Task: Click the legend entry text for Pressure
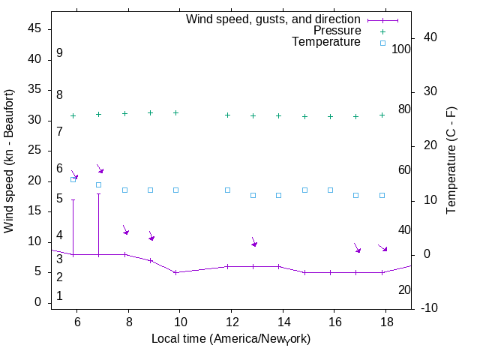[337, 31]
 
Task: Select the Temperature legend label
[326, 42]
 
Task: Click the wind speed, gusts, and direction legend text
[274, 19]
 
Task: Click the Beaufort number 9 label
[59, 53]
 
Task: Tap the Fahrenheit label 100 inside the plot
[401, 49]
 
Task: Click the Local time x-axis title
[231, 339]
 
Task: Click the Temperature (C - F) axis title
[452, 159]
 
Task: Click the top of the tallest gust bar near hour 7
[98, 193]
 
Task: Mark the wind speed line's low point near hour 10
[175, 272]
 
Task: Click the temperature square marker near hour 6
[73, 179]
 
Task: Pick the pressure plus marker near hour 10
[175, 112]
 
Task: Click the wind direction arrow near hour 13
[254, 241]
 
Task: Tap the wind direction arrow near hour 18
[382, 247]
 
